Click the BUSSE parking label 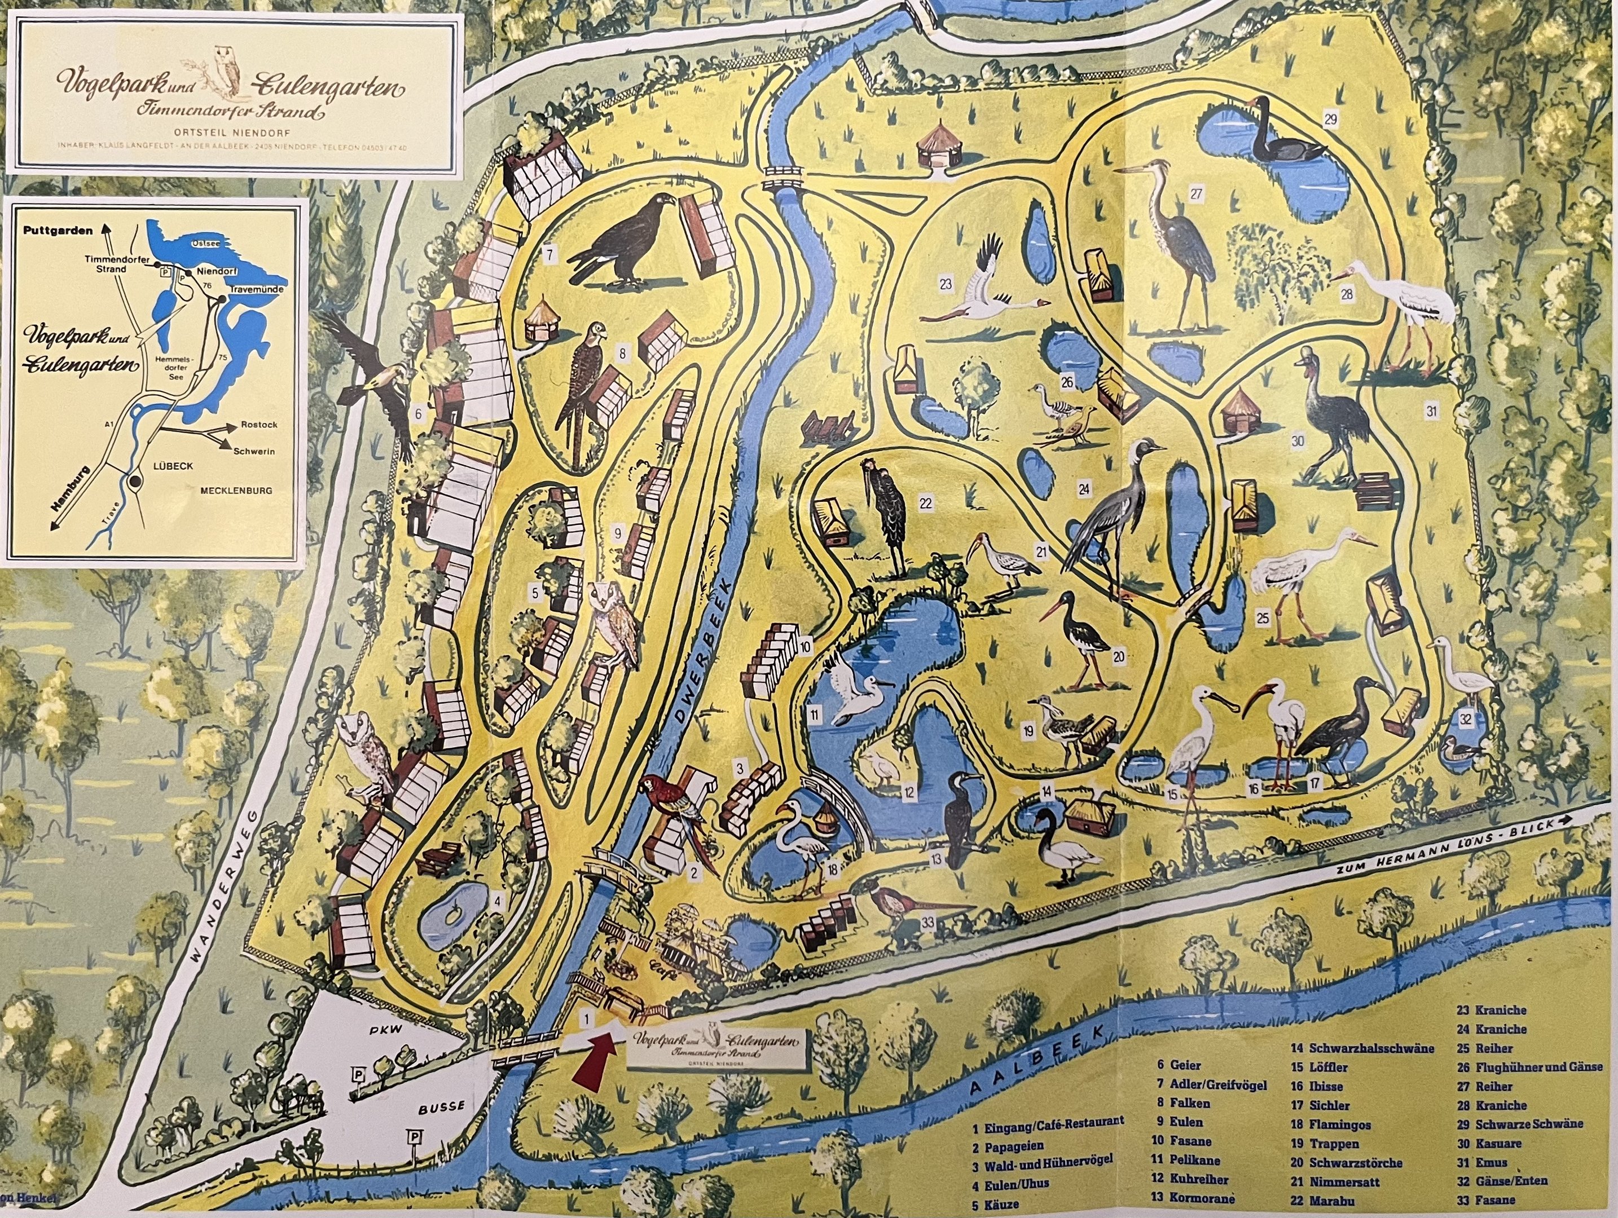click(441, 1107)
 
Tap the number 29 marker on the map click(1330, 118)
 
